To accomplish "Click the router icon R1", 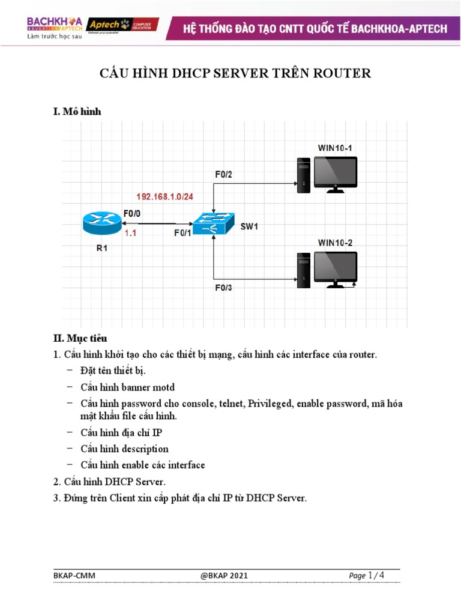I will [x=102, y=223].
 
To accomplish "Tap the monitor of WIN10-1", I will [x=336, y=173].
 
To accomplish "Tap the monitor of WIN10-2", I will [x=336, y=268].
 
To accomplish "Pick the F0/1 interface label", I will [x=182, y=234].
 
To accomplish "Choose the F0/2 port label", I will [x=224, y=174].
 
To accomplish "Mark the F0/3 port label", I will [x=224, y=288].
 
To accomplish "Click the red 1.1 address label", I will [x=131, y=234].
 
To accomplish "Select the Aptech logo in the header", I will [x=122, y=25].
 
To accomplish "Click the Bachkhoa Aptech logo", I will [x=54, y=25].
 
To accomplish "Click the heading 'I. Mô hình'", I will [x=78, y=111].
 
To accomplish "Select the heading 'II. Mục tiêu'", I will [x=80, y=339].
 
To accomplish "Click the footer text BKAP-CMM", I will [x=74, y=576].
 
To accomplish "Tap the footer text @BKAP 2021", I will [x=224, y=576].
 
